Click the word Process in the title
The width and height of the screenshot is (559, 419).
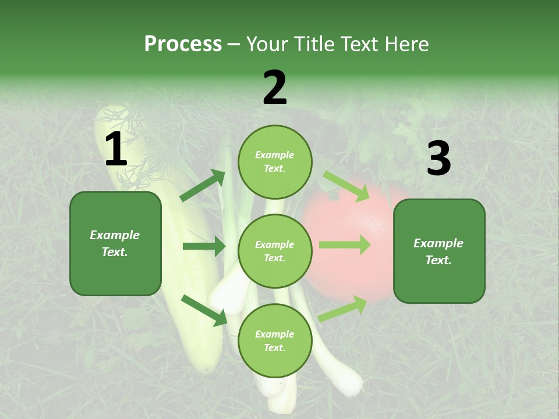coord(183,44)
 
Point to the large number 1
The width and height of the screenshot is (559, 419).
coord(116,150)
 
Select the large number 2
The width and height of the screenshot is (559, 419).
coord(275,88)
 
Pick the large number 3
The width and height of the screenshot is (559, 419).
coord(438,159)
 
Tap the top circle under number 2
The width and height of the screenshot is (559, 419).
coord(275,162)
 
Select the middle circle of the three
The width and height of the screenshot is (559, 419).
coord(275,251)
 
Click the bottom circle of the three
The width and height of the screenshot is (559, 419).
coord(275,340)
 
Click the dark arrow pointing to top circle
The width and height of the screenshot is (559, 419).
coord(203,186)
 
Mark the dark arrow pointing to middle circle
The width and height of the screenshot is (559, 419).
coord(204,246)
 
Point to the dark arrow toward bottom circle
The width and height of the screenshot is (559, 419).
coord(204,310)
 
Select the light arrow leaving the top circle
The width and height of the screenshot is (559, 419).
coord(346,186)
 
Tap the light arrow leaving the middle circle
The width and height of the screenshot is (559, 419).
coord(344,245)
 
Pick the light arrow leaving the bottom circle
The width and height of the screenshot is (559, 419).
coord(343,308)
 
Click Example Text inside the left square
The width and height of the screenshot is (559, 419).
coord(115,243)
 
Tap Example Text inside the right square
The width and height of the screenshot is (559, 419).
coord(438,251)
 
